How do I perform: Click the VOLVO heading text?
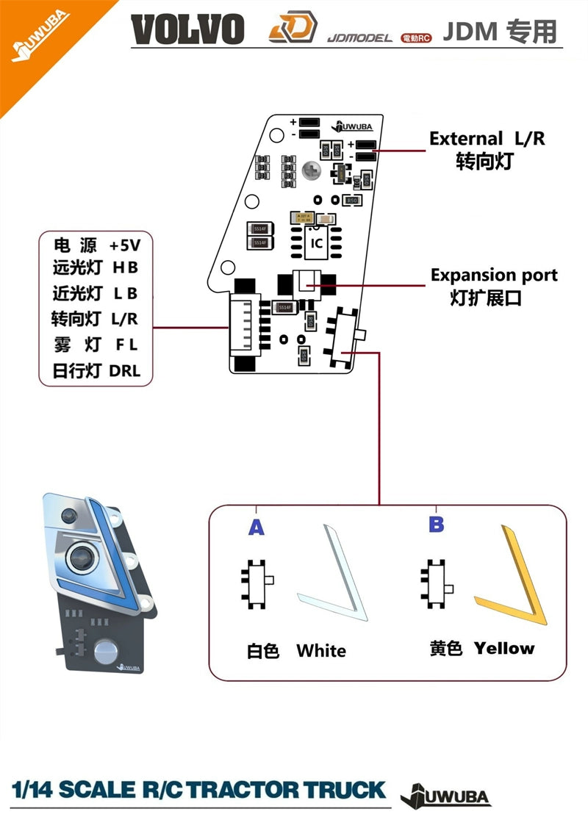[x=188, y=30]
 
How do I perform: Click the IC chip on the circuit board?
[x=316, y=242]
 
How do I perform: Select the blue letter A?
[x=256, y=527]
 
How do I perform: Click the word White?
[x=321, y=650]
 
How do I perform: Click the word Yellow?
[x=504, y=648]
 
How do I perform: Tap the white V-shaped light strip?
[x=331, y=573]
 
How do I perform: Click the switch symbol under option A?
[x=257, y=584]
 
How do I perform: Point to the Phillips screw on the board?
[x=312, y=170]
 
